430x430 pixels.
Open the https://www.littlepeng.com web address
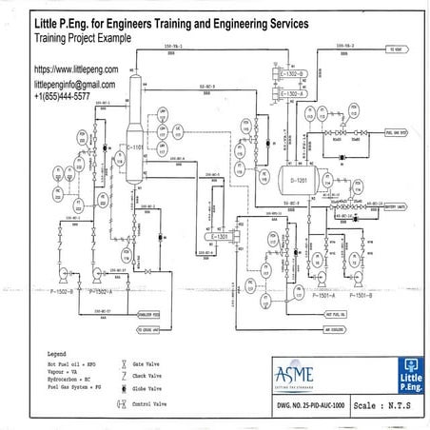[76, 70]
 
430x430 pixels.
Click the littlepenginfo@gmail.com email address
[82, 84]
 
